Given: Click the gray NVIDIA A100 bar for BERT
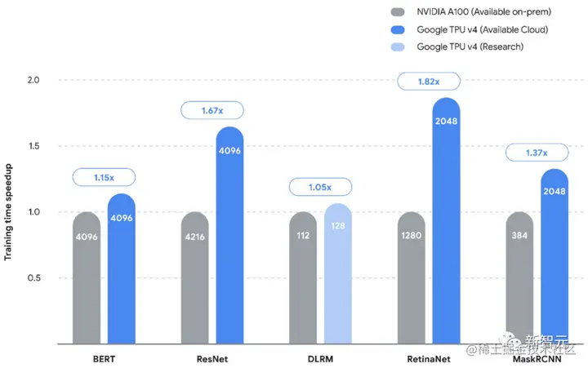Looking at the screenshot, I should (87, 277).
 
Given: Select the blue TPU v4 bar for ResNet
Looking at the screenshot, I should (230, 237).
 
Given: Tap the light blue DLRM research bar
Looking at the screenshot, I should (338, 277).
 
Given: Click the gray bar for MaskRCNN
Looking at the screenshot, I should (519, 277).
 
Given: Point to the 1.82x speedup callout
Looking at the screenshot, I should (429, 82).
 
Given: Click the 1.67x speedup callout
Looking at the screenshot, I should (212, 110).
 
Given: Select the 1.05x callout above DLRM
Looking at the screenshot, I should (320, 188).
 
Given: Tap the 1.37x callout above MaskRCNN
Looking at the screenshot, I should (537, 153).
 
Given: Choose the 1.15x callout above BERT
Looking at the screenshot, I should (104, 176).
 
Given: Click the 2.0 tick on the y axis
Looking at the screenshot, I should (33, 80).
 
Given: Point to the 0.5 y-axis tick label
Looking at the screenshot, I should (33, 278).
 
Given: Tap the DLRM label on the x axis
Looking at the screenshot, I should (320, 359).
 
